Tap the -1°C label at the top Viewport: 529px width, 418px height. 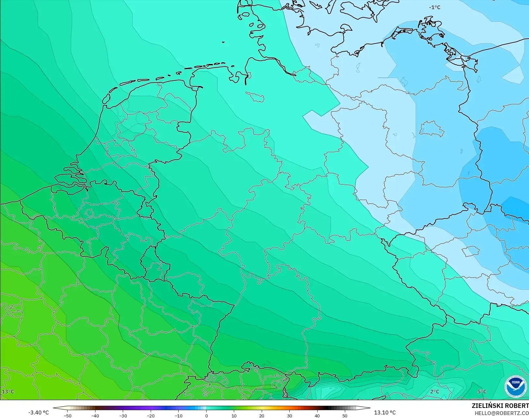tap(435, 7)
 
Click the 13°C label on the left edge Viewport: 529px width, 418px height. tap(8, 391)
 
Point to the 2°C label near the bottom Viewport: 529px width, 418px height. tap(435, 391)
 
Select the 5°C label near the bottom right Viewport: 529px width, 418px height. tap(482, 391)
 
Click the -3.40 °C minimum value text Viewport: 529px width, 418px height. tap(38, 412)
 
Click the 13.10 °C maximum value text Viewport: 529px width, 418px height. tap(385, 412)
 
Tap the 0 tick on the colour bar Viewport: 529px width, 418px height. tap(206, 415)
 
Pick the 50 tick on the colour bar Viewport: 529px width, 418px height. tap(345, 415)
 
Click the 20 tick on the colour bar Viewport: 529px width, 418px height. tap(262, 415)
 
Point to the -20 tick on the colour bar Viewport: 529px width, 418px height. tap(150, 415)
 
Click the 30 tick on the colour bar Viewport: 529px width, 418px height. tap(289, 415)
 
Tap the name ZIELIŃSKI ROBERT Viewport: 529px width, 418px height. tap(500, 406)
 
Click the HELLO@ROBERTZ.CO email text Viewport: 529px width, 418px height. tap(502, 413)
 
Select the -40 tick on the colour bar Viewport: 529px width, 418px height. tap(95, 415)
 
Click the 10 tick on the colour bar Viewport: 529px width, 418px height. tap(234, 415)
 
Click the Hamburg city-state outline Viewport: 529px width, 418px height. tap(255, 96)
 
